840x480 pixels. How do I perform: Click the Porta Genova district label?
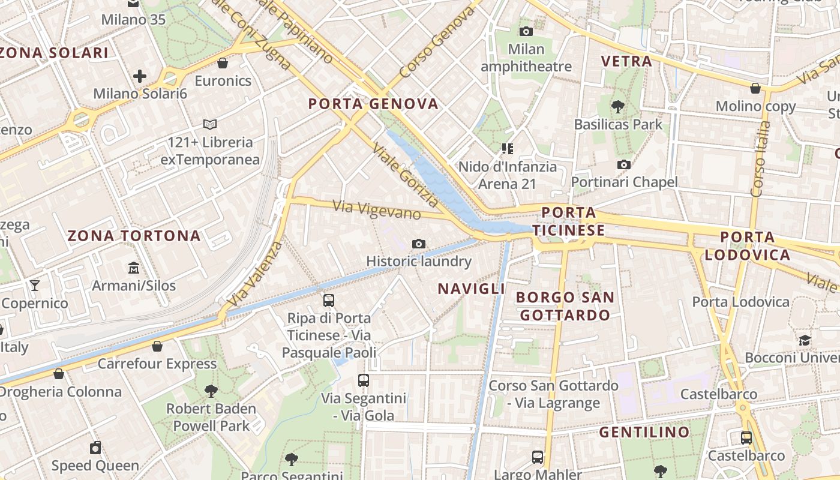tap(373, 104)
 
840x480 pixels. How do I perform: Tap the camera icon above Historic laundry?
tap(419, 244)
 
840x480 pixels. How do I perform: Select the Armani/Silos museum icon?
tap(133, 268)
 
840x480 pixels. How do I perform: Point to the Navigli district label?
tap(471, 289)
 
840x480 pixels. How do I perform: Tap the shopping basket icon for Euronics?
tap(223, 63)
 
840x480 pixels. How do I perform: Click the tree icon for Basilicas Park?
tap(617, 107)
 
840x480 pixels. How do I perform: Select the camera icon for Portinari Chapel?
tap(624, 164)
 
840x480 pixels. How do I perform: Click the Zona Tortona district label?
tap(134, 236)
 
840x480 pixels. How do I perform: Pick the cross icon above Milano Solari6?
tap(140, 76)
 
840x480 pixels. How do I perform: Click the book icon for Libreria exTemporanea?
tap(210, 124)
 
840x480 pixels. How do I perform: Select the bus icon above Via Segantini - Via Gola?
tap(364, 380)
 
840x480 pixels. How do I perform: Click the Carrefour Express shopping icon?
tap(157, 346)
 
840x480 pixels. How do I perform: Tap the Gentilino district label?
tap(644, 432)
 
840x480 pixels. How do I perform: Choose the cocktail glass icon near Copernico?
tap(35, 285)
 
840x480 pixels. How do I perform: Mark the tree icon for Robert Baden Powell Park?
tap(211, 391)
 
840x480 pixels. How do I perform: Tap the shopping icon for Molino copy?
tap(755, 88)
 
